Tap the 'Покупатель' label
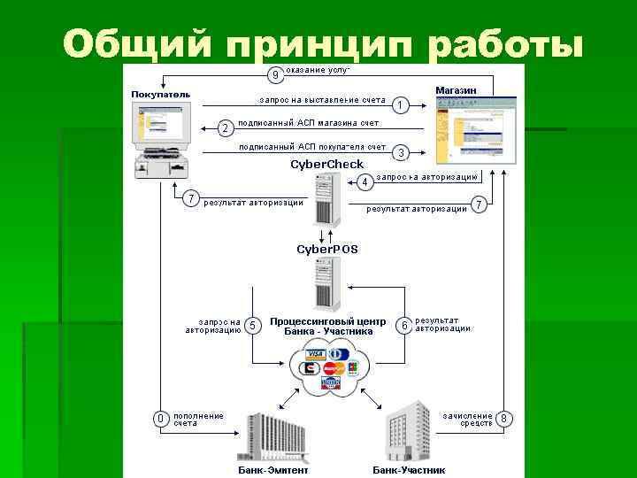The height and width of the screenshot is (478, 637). tap(161, 94)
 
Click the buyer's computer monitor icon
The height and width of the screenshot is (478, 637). tap(160, 126)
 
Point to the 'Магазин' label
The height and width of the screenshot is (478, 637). tap(457, 90)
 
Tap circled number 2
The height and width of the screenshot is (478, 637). tap(225, 128)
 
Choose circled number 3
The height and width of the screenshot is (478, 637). tap(401, 152)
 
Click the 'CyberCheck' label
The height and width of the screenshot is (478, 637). tap(327, 165)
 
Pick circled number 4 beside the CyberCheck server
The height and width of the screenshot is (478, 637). tap(365, 182)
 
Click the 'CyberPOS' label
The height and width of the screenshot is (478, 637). tap(327, 250)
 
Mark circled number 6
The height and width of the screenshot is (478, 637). tap(403, 325)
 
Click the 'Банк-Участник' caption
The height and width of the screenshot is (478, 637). tap(409, 470)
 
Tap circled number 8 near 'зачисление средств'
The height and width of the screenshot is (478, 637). tap(504, 418)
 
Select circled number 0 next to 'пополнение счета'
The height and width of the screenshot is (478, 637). tap(160, 418)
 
